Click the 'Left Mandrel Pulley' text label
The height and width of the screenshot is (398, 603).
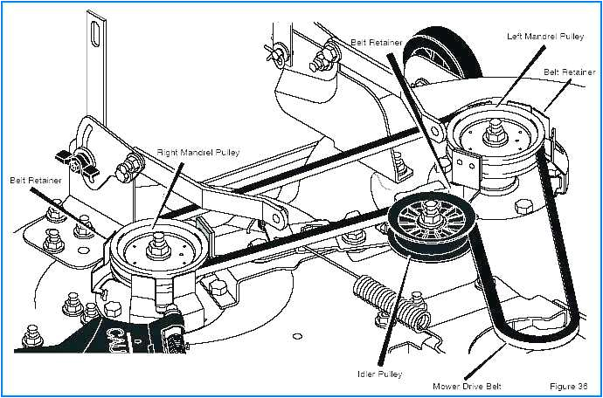click(x=545, y=36)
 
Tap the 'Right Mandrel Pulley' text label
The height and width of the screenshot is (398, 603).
click(x=198, y=153)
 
